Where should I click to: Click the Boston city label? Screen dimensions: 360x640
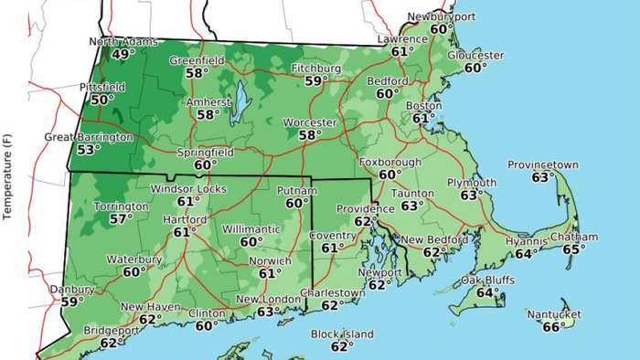tap(423, 106)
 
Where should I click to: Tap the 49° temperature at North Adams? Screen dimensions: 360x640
tap(123, 55)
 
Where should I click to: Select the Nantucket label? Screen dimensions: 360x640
tap(553, 315)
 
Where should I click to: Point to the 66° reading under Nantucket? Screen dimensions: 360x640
tap(553, 327)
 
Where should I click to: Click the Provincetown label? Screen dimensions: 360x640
tap(543, 164)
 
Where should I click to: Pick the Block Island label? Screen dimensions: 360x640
tap(342, 334)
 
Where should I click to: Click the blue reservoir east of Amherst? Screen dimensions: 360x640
tap(239, 101)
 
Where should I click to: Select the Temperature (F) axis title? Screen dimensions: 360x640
tap(7, 178)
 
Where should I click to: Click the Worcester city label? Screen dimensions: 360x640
tap(310, 122)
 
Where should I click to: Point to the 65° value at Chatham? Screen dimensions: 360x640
tap(574, 249)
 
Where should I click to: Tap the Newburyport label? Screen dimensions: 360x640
tap(443, 16)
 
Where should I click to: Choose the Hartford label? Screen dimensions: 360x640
tap(184, 220)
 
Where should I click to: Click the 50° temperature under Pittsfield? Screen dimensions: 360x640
tap(101, 100)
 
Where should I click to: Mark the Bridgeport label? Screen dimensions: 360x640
tap(112, 330)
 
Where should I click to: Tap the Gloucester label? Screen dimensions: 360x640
tap(475, 55)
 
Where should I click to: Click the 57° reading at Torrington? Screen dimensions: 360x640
tap(121, 219)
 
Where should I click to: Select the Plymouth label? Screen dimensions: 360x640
tap(472, 183)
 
